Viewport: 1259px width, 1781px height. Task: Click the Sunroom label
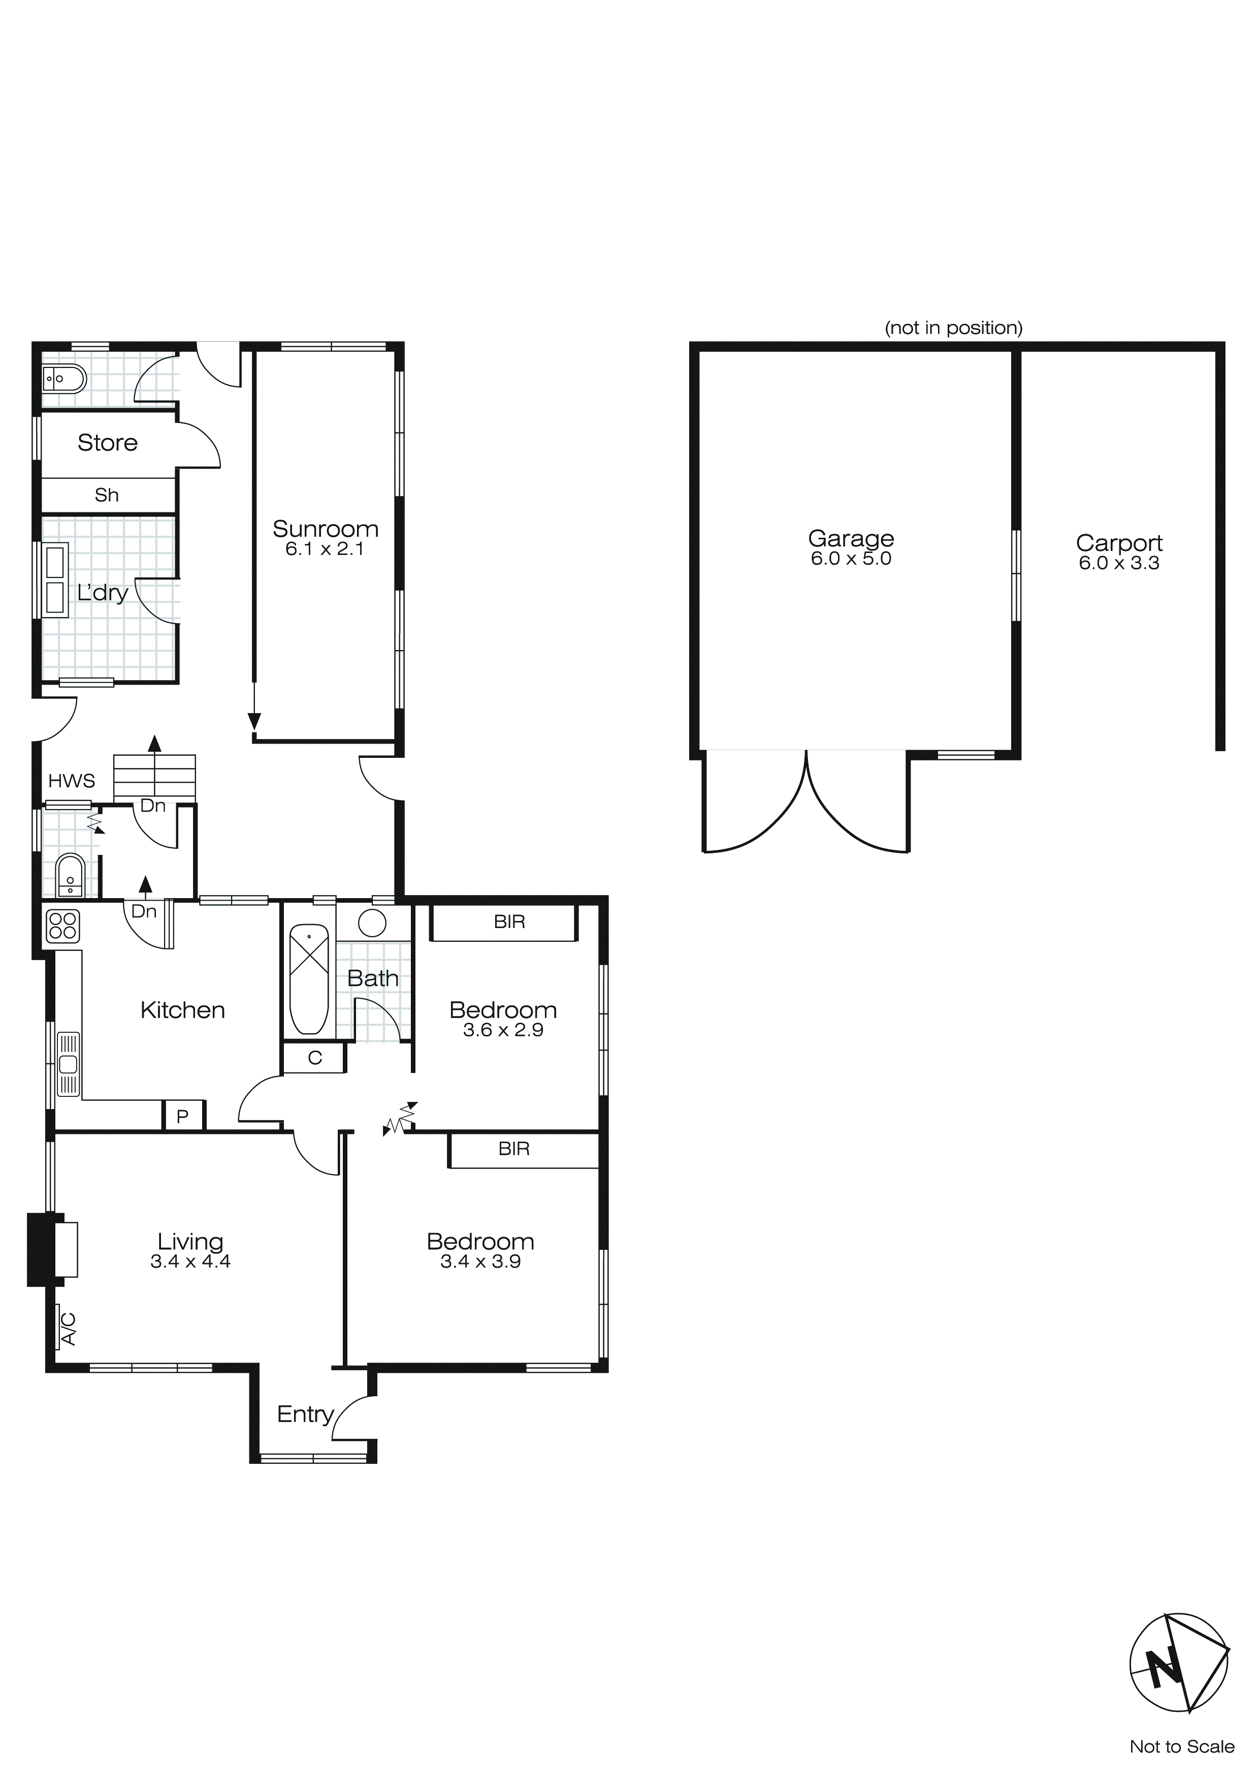325,529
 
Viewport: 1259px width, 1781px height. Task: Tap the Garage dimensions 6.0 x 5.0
851,559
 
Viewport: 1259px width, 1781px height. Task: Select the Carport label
1119,542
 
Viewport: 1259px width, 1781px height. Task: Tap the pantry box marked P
183,1116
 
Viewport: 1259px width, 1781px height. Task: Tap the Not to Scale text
1181,1746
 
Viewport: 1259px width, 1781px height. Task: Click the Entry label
305,1414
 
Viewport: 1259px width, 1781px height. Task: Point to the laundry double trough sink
55,579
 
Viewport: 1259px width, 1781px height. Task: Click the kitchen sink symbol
68,1063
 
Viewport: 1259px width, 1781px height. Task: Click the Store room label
107,442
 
